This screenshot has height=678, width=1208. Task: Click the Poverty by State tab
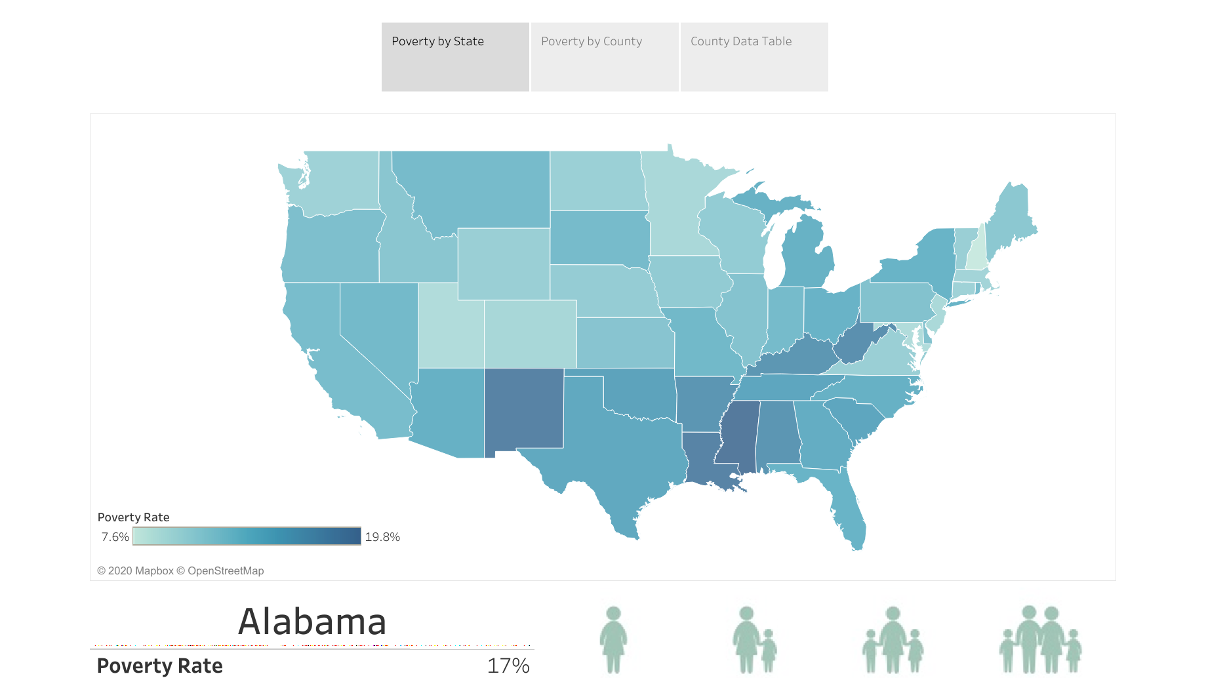(x=455, y=57)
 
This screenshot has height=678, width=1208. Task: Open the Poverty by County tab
(x=605, y=57)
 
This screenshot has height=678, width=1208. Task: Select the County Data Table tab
(x=754, y=57)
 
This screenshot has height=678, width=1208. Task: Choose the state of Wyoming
(x=504, y=264)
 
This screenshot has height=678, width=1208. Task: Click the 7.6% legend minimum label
(x=115, y=537)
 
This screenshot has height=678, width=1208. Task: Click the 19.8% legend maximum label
(x=382, y=537)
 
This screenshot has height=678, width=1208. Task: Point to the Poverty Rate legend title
(x=134, y=517)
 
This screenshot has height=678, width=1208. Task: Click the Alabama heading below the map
(x=312, y=622)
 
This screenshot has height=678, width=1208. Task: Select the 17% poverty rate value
(x=508, y=666)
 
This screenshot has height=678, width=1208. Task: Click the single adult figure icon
(x=613, y=640)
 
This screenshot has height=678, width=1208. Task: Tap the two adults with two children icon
(x=1041, y=640)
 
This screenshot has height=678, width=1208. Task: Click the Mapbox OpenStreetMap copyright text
(x=180, y=571)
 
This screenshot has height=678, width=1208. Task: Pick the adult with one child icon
(x=755, y=640)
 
